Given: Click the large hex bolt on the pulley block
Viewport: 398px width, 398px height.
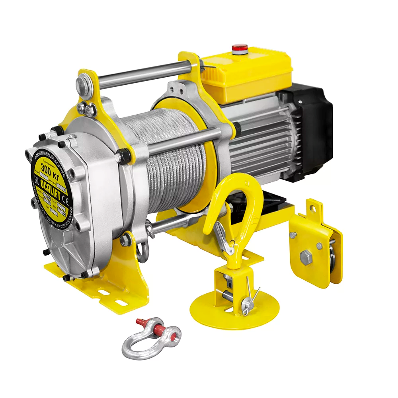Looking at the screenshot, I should click(x=306, y=258).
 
